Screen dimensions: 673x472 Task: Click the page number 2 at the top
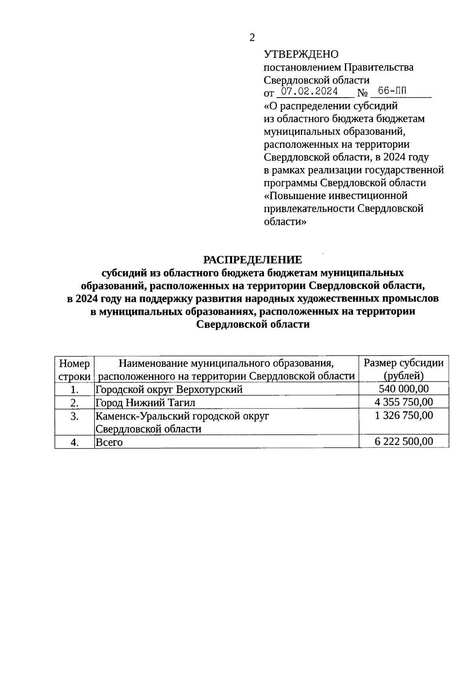(x=252, y=38)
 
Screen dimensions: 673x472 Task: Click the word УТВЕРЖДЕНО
(x=301, y=54)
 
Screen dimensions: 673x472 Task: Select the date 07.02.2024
(x=311, y=92)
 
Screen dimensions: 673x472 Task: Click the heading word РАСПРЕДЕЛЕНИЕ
(x=252, y=260)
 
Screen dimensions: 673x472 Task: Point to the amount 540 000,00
(x=404, y=389)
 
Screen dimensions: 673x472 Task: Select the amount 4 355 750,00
(x=404, y=402)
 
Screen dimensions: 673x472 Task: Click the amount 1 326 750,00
(x=404, y=416)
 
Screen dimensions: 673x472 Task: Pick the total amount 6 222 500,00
(x=404, y=441)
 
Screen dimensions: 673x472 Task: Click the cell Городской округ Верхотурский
(x=169, y=390)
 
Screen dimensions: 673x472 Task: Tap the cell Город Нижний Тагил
(x=146, y=403)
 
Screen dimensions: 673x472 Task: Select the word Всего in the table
(x=109, y=442)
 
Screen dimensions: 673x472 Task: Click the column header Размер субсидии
(x=404, y=363)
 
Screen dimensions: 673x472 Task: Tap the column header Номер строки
(x=75, y=370)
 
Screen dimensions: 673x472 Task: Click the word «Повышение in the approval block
(x=291, y=196)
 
